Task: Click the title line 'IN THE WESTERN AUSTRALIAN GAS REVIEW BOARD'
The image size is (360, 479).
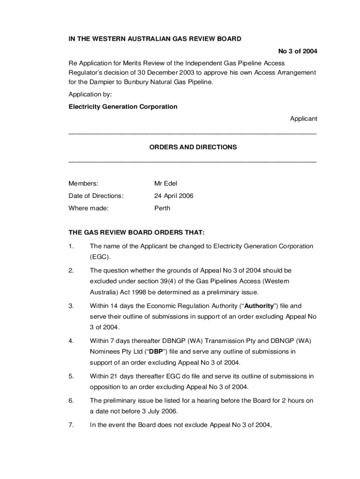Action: (x=155, y=39)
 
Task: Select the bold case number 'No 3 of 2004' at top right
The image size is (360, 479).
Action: (x=297, y=51)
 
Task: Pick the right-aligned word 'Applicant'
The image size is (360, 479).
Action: (x=303, y=119)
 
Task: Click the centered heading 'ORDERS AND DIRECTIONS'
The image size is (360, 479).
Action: (x=193, y=147)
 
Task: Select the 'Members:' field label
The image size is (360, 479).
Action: (x=83, y=183)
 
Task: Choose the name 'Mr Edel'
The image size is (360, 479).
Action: (x=166, y=183)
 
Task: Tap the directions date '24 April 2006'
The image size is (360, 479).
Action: (x=174, y=196)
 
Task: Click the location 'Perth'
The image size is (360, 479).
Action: (x=162, y=208)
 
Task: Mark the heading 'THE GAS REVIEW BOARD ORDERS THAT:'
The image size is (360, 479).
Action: (x=137, y=232)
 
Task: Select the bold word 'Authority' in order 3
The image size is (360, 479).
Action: (x=256, y=306)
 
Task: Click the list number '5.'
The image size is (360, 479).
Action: (x=71, y=376)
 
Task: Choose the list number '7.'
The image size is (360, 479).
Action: (x=71, y=425)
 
